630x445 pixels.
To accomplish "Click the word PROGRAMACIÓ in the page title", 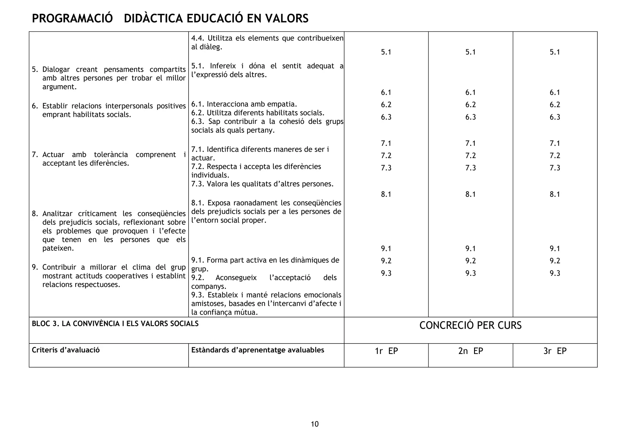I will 72,18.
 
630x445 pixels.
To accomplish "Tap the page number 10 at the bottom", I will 315,424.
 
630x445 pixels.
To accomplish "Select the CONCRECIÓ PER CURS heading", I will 470,325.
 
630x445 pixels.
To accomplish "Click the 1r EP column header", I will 386,351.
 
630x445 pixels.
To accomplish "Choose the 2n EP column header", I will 471,351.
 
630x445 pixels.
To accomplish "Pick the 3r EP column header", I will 555,351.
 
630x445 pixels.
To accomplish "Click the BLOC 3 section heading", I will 115,324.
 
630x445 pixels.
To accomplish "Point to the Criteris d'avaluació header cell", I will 66,350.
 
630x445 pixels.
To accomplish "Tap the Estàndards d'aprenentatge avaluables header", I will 257,350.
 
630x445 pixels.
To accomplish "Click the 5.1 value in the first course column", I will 386,52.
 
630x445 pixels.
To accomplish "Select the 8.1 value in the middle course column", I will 471,194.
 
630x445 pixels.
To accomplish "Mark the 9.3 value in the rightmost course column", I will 555,273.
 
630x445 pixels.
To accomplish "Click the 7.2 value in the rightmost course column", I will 555,156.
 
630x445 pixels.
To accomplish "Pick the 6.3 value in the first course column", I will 386,117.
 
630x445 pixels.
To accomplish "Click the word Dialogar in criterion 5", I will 56,70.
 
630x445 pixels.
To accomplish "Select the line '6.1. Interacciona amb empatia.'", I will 244,104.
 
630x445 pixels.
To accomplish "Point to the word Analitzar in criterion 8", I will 58,214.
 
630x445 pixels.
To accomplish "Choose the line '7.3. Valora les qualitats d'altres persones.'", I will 262,184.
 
